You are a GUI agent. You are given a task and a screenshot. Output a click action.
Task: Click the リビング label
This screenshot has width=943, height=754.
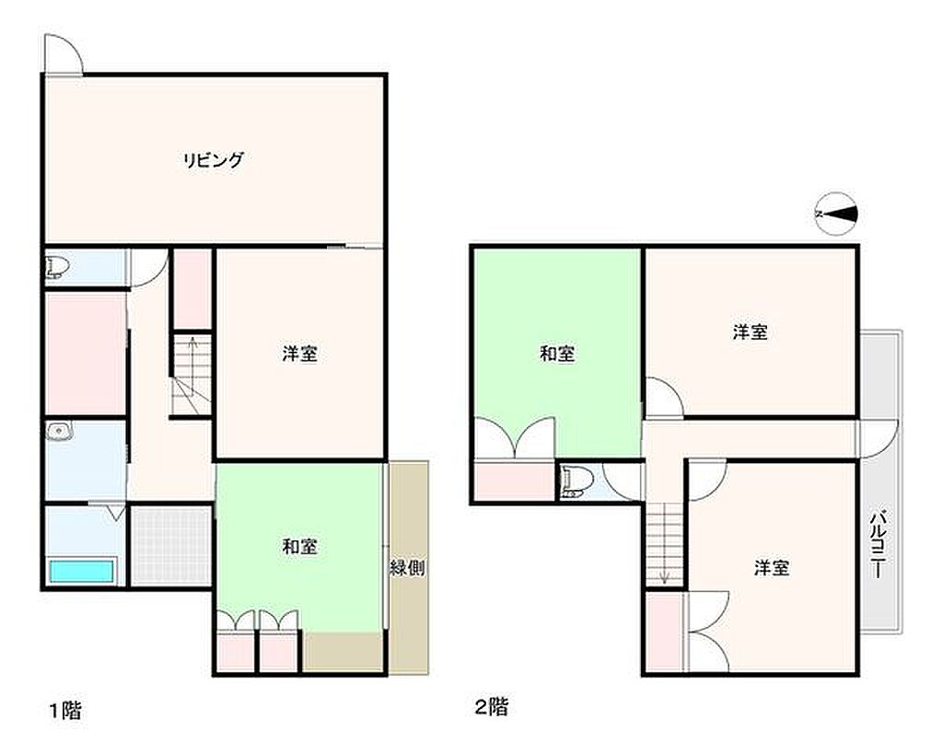pyautogui.click(x=214, y=160)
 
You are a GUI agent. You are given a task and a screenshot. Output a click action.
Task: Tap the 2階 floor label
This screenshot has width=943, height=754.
pyautogui.click(x=492, y=706)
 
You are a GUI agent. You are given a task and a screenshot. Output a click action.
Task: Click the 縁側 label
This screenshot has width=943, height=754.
pyautogui.click(x=408, y=567)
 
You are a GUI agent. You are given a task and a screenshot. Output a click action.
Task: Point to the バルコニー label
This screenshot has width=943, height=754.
pyautogui.click(x=879, y=543)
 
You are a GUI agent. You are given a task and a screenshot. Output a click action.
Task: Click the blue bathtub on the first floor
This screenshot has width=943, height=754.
pyautogui.click(x=81, y=571)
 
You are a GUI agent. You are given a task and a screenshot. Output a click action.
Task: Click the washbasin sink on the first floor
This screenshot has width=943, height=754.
pyautogui.click(x=59, y=431)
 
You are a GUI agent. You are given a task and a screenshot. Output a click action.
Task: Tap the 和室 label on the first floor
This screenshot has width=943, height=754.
pyautogui.click(x=299, y=547)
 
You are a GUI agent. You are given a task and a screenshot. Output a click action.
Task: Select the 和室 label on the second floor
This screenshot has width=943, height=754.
pyautogui.click(x=557, y=354)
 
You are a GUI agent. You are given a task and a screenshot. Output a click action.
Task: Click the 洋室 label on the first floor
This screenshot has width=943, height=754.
pyautogui.click(x=299, y=354)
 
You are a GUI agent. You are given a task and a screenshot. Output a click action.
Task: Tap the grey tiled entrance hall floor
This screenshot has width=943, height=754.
pyautogui.click(x=170, y=546)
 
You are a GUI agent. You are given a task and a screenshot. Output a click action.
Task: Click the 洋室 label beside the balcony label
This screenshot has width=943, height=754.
pyautogui.click(x=771, y=568)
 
